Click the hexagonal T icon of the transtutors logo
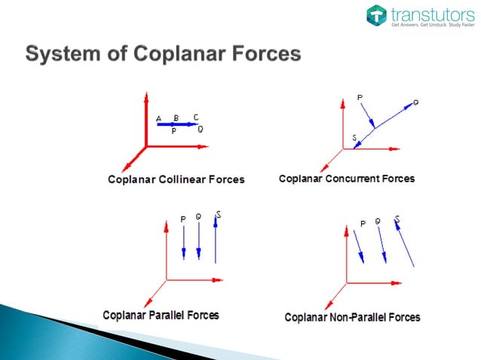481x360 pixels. [x=377, y=15]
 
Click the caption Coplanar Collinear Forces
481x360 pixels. [x=176, y=179]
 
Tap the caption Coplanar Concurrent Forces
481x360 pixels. [x=346, y=179]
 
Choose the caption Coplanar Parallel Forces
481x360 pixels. [x=161, y=315]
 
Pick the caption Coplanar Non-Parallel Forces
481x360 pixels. [x=352, y=317]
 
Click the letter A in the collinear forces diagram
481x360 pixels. [x=159, y=119]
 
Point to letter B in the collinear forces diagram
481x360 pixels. [x=176, y=117]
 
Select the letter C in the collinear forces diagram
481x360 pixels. [x=196, y=117]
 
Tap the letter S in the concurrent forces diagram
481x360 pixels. [x=355, y=138]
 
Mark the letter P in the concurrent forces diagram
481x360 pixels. [x=360, y=98]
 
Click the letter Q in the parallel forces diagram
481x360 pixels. [x=198, y=218]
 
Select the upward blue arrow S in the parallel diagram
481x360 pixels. [x=216, y=241]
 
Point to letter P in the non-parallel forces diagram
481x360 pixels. [x=363, y=223]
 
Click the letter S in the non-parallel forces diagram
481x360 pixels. [x=397, y=219]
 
